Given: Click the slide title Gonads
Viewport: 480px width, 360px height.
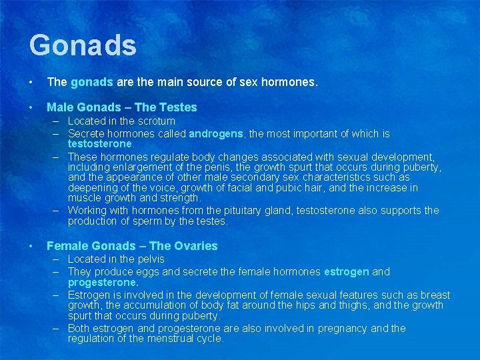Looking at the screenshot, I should [x=83, y=45].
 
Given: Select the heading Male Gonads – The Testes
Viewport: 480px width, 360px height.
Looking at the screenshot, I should [x=121, y=107].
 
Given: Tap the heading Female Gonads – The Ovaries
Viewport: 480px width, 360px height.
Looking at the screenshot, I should [x=132, y=245].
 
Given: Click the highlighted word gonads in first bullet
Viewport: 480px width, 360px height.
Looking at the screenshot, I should [x=92, y=83].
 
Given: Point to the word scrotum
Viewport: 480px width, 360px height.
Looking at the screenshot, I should [x=157, y=121].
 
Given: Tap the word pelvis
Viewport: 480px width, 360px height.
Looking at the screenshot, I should [x=149, y=259].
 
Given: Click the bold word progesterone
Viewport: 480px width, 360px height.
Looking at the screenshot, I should [x=103, y=282].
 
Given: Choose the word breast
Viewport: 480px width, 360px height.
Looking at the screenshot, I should [x=434, y=295].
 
